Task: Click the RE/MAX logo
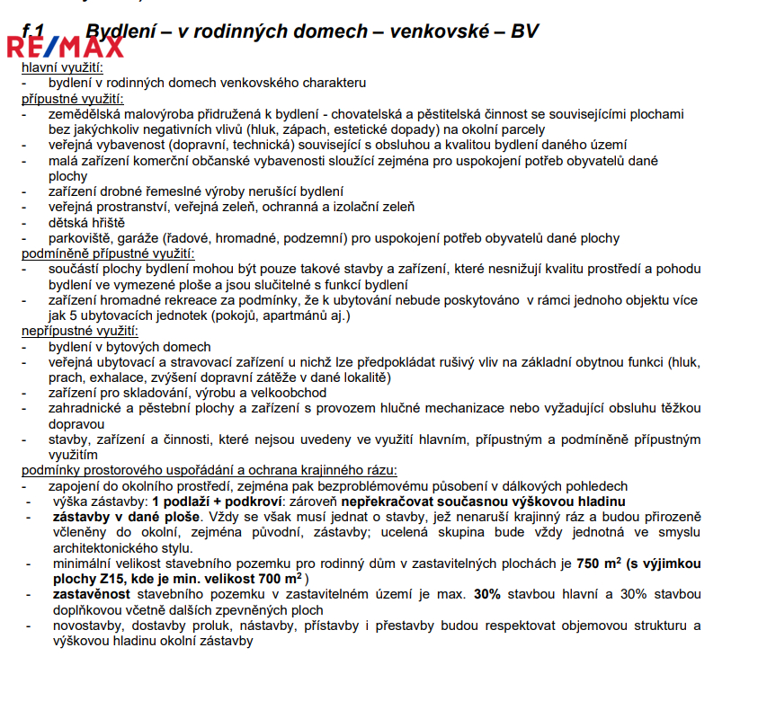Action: pyautogui.click(x=65, y=47)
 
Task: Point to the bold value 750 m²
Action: pyautogui.click(x=598, y=563)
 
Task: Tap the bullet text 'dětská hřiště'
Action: pyautogui.click(x=86, y=222)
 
